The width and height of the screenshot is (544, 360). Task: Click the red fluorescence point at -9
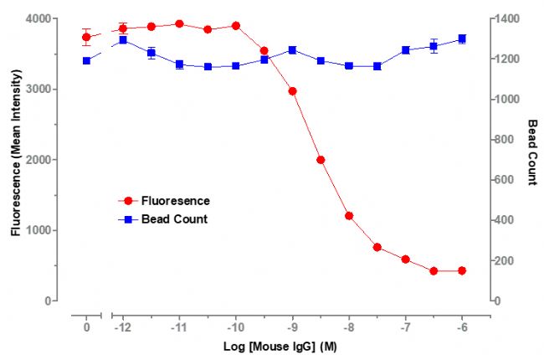pyautogui.click(x=293, y=90)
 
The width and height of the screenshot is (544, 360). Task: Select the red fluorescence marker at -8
pyautogui.click(x=349, y=215)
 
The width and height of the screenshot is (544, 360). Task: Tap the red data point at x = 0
pyautogui.click(x=86, y=37)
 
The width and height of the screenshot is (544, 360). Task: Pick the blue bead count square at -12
pyautogui.click(x=123, y=39)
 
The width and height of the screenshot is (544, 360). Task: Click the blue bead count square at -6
pyautogui.click(x=462, y=39)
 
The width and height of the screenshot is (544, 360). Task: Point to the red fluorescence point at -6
pyautogui.click(x=462, y=270)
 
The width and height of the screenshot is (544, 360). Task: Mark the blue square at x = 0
pyautogui.click(x=86, y=60)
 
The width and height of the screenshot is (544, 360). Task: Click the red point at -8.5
pyautogui.click(x=321, y=159)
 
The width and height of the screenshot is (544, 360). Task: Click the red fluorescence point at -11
pyautogui.click(x=179, y=23)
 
